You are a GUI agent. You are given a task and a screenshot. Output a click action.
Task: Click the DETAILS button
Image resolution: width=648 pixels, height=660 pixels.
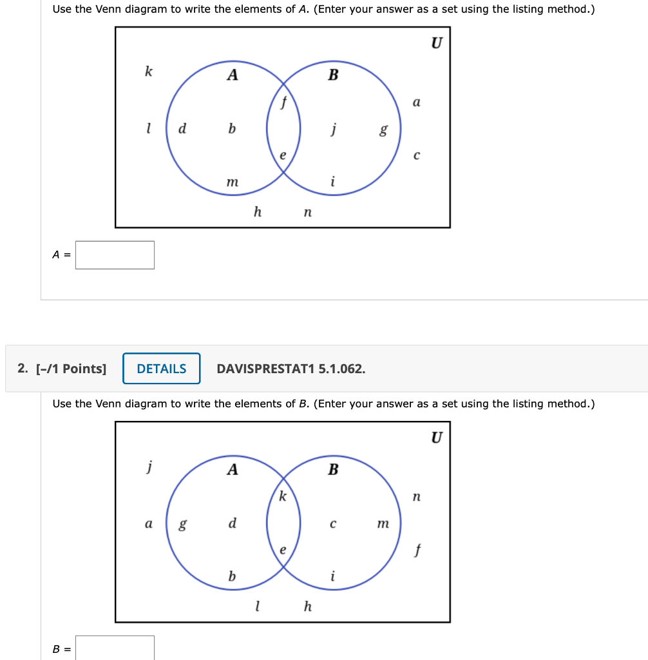(161, 369)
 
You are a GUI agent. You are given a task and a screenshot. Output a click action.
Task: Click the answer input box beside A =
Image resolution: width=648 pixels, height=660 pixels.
(115, 255)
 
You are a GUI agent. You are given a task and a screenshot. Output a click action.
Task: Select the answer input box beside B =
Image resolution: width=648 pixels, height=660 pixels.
(115, 648)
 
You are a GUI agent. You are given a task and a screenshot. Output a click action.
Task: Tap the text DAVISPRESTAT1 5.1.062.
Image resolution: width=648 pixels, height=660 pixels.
(291, 369)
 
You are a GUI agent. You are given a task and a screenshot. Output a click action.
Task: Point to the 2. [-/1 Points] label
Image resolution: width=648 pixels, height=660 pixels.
(62, 369)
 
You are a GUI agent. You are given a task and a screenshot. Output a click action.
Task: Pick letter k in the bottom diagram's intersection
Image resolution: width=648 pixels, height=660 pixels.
(282, 496)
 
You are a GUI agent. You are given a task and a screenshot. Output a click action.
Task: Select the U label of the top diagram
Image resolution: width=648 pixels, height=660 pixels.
(437, 43)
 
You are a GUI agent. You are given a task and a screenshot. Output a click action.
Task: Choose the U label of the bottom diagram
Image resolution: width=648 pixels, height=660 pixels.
(437, 438)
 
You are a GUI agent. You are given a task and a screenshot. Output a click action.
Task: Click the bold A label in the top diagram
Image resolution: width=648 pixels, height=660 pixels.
(233, 75)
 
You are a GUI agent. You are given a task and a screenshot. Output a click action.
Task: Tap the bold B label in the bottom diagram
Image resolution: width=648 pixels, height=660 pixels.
(333, 470)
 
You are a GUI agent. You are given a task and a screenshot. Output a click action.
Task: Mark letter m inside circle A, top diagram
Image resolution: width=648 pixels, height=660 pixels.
(232, 183)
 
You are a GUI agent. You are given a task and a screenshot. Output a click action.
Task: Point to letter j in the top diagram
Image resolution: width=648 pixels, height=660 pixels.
(333, 129)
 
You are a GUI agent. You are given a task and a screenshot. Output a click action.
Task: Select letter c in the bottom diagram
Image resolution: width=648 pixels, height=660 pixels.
(332, 524)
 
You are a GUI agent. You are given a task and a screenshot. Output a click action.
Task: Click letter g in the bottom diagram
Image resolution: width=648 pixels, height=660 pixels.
(182, 524)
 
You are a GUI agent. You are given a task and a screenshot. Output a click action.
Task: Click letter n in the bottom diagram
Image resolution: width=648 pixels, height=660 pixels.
(416, 497)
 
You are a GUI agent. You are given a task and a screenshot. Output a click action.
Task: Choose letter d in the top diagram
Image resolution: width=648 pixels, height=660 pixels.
(182, 128)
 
